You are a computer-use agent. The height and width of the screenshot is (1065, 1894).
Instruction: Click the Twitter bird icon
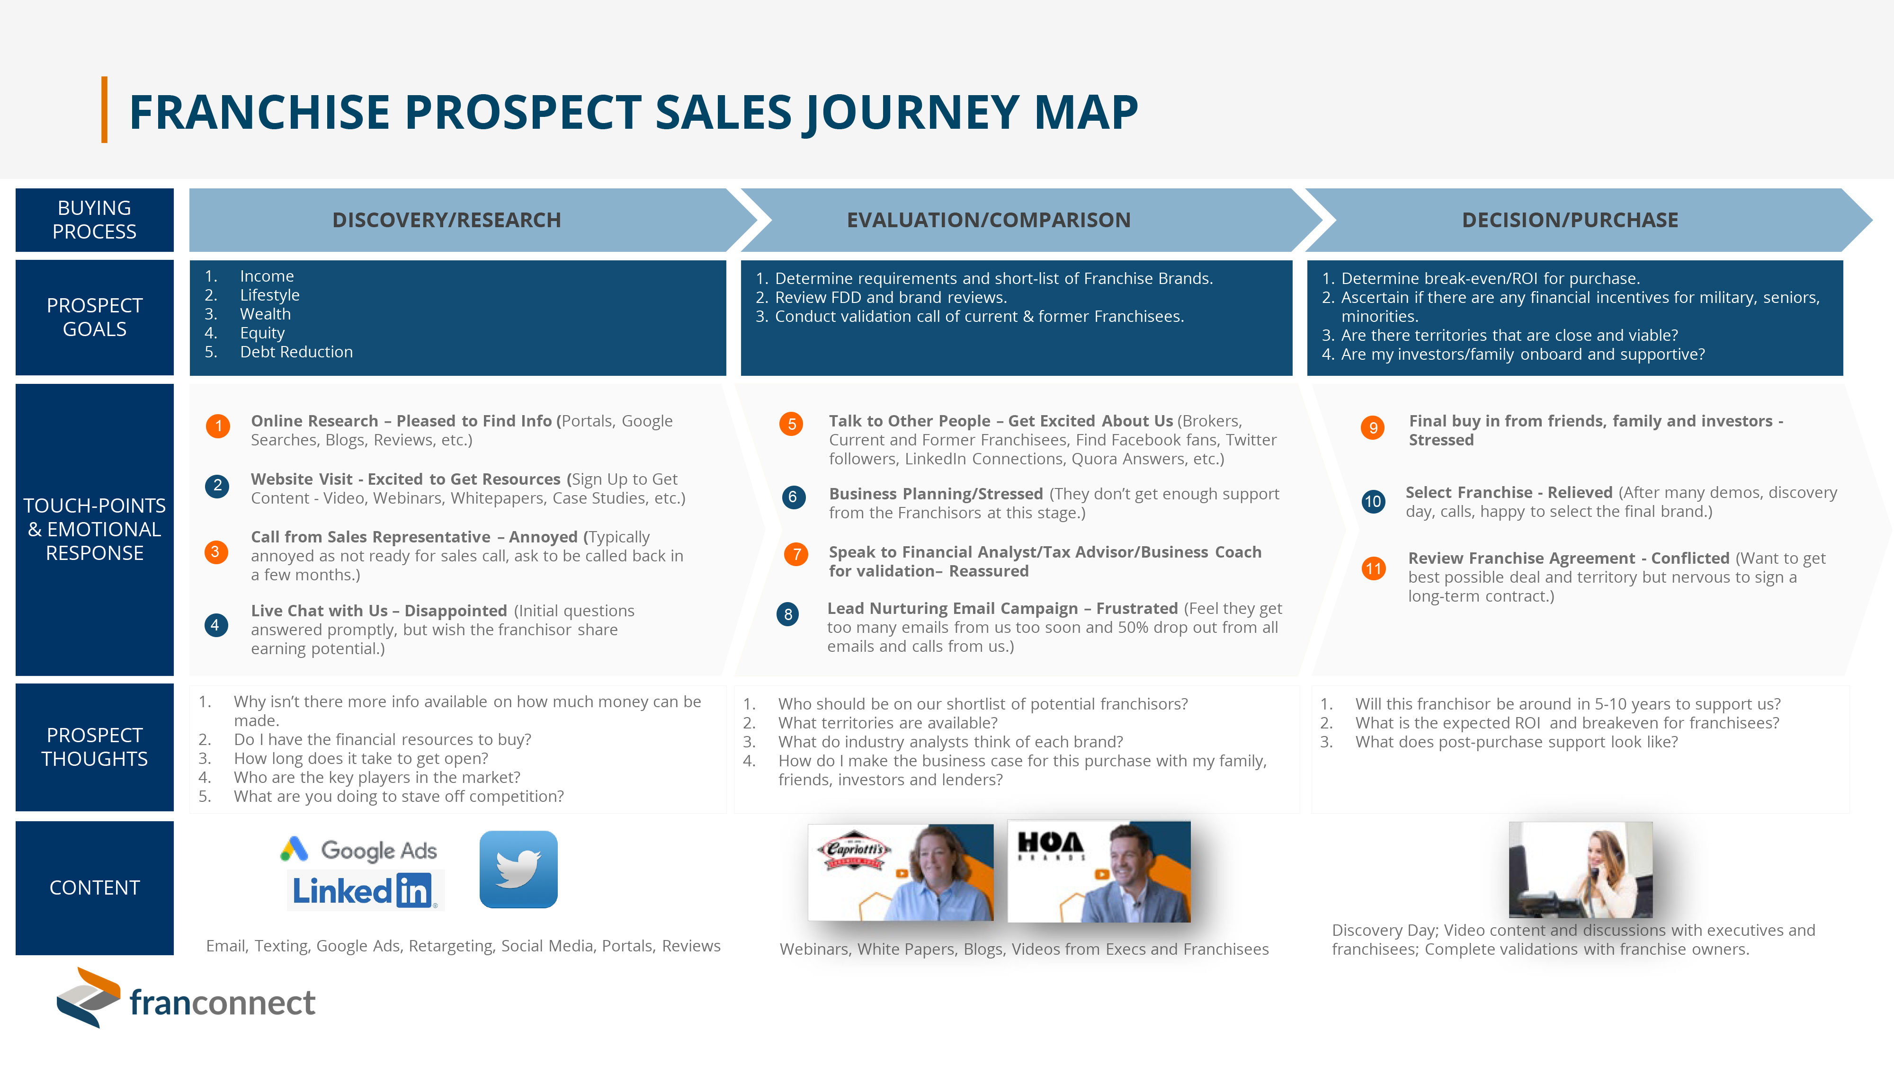point(518,870)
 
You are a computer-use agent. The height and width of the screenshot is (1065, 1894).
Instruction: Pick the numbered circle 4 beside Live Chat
point(215,625)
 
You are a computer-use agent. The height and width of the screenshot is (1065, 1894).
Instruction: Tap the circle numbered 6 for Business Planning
point(793,497)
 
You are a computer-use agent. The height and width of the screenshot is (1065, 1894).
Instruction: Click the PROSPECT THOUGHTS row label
point(95,747)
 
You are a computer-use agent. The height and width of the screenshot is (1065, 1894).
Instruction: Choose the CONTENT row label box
point(95,888)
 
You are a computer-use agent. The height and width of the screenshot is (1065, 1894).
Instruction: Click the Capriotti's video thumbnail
point(901,872)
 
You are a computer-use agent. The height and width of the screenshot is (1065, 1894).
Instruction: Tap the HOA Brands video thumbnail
point(1099,872)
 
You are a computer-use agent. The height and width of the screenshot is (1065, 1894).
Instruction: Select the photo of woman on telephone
point(1581,870)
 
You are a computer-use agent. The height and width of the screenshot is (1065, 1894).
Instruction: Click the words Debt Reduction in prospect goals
point(296,352)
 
